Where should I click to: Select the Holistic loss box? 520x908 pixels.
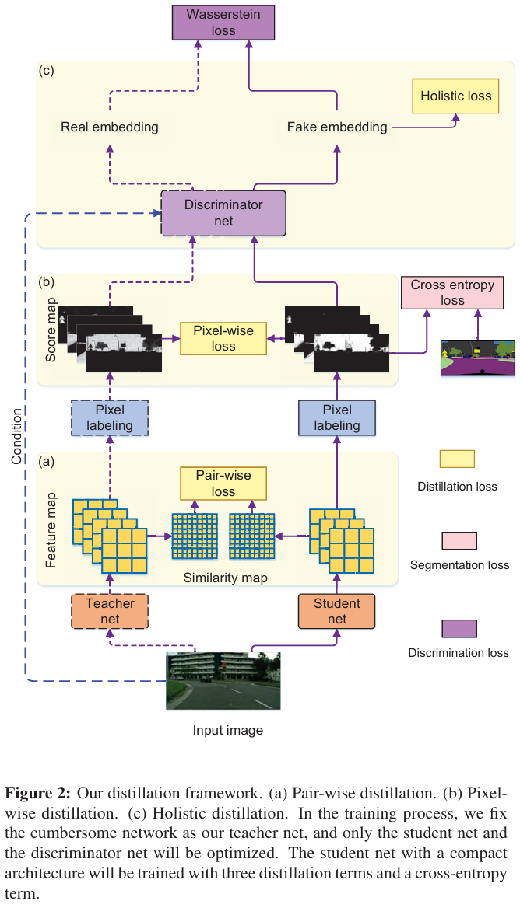point(455,96)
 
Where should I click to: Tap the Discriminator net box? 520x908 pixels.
point(223,213)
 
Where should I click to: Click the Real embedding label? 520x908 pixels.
point(109,127)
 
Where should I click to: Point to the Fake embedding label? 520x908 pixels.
point(337,127)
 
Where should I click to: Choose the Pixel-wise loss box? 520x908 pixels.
point(223,338)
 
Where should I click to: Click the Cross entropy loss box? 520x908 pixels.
point(452,293)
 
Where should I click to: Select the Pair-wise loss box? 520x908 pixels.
point(223,484)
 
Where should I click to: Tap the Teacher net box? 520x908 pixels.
point(110,611)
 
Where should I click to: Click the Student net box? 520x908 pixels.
point(336,611)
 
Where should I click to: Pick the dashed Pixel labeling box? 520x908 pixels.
point(109,417)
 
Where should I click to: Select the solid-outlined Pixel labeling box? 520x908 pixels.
point(336,417)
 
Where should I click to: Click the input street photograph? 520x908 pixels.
point(223,680)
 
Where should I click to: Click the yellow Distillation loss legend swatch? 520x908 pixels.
point(457,459)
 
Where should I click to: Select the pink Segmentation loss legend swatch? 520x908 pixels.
point(459,540)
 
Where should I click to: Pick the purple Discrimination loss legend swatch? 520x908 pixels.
point(459,628)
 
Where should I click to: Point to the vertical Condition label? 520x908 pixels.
point(17,435)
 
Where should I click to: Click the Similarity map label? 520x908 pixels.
point(225,578)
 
